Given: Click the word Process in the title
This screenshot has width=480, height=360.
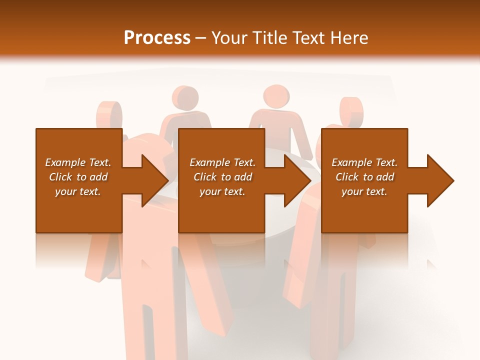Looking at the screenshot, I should (157, 38).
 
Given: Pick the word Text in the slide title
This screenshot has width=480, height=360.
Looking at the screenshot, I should (310, 38).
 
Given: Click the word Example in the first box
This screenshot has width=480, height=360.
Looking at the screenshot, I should (64, 162).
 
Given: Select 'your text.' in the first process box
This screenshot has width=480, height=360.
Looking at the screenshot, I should (78, 191).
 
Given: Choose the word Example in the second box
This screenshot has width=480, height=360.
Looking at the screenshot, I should (209, 162).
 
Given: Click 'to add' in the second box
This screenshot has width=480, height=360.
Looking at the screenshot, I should (236, 177).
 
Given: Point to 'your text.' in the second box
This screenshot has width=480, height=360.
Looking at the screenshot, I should (222, 191).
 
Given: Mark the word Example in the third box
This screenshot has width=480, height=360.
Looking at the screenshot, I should (351, 162).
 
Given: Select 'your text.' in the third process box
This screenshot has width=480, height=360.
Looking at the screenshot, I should (364, 191).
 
